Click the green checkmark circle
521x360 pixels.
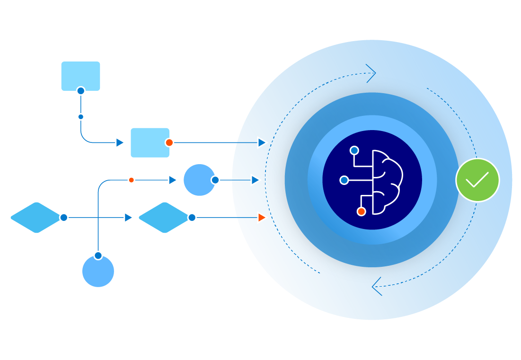tap(477, 180)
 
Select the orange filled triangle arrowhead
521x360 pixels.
tap(262, 218)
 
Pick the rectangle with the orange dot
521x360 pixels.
tap(150, 142)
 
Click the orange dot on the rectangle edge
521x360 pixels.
tap(169, 142)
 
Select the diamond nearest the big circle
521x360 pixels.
tap(163, 218)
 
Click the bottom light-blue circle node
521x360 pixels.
tap(98, 272)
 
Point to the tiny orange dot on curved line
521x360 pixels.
tap(132, 180)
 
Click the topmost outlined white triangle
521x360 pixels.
tap(262, 142)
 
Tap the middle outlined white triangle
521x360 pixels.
tap(256, 180)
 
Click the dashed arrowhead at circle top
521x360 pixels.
tap(371, 73)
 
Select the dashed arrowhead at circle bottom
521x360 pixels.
tap(377, 287)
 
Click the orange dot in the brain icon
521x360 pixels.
tap(361, 211)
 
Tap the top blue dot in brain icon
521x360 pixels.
tap(354, 150)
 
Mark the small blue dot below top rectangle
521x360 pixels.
tap(80, 117)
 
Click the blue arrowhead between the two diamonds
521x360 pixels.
tap(128, 218)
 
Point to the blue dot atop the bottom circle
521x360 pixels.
tap(98, 255)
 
